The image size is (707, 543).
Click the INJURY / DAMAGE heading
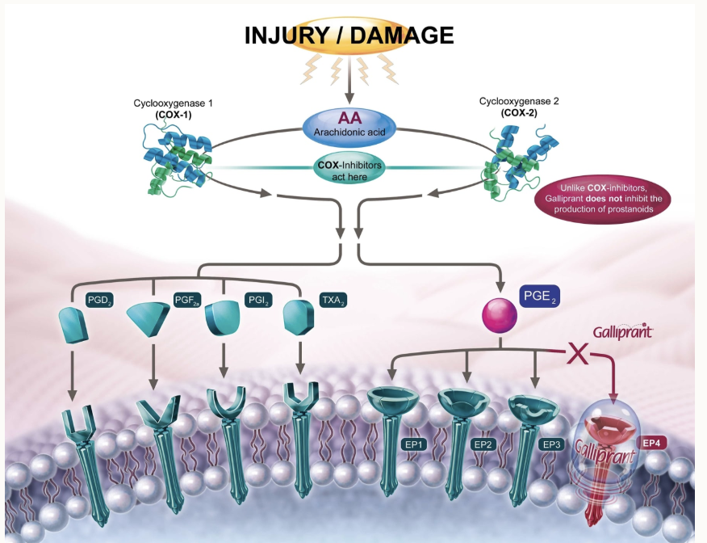[x=349, y=35]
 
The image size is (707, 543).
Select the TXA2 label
[x=333, y=301]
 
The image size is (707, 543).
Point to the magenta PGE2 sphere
[x=499, y=316]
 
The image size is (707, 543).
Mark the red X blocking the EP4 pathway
[x=577, y=353]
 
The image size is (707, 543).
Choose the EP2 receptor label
[x=483, y=444]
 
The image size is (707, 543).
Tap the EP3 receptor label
[x=553, y=444]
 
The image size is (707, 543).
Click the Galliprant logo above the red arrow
[x=622, y=331]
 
